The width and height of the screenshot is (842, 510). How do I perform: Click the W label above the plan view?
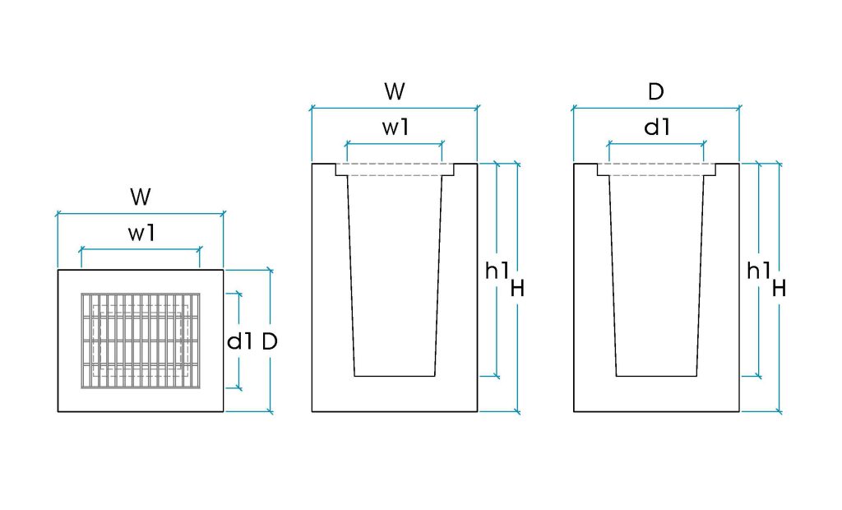(x=141, y=197)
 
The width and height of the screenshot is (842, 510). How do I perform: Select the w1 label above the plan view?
(x=141, y=234)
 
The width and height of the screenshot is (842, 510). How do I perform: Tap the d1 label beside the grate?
(x=239, y=341)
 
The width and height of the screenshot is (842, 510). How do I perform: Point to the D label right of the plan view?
(x=270, y=341)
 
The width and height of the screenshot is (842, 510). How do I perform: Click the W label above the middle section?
(x=395, y=91)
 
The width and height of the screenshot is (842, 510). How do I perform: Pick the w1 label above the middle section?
(x=396, y=128)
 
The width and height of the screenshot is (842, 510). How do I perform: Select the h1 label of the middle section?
(x=497, y=271)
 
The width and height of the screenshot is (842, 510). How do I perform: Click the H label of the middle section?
(x=517, y=289)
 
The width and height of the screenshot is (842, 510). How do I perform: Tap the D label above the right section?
(x=656, y=92)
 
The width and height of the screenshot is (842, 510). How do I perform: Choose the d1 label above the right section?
(x=657, y=128)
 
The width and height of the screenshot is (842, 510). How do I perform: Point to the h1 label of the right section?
(x=759, y=271)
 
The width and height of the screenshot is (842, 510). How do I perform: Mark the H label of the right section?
(x=780, y=289)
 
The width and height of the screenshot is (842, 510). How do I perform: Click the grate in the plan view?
(x=141, y=341)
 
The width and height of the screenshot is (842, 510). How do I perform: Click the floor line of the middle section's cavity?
(x=395, y=376)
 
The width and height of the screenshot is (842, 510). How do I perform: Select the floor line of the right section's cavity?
(x=656, y=376)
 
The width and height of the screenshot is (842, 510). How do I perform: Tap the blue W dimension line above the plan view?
(x=141, y=214)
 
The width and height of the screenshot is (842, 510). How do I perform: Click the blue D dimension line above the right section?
(x=656, y=109)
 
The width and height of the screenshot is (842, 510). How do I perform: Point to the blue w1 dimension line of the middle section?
(x=395, y=143)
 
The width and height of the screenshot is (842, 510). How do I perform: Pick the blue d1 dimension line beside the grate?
(x=239, y=341)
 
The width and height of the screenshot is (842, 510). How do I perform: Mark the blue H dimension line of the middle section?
(x=517, y=288)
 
